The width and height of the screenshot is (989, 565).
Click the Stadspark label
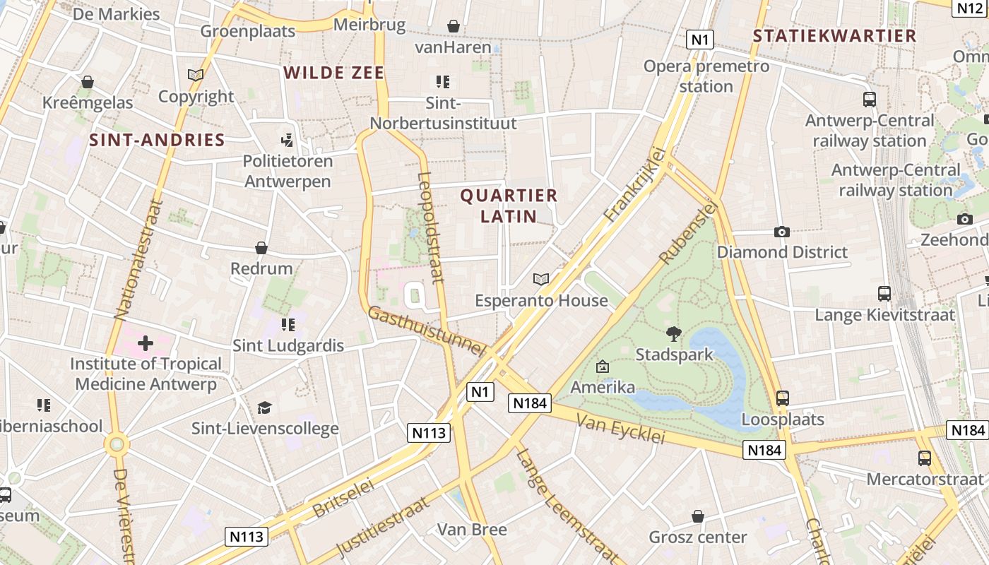click(675, 354)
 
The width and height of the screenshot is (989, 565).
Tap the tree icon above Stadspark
click(674, 333)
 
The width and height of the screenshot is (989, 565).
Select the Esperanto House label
click(541, 301)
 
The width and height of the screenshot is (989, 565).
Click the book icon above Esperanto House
click(541, 280)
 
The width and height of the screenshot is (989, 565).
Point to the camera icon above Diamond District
click(781, 232)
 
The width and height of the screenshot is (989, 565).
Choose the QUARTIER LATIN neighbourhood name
click(509, 206)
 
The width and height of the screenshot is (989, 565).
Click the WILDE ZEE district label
click(334, 73)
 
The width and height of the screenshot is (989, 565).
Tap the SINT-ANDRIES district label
click(157, 140)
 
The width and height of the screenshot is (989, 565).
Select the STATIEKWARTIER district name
click(834, 36)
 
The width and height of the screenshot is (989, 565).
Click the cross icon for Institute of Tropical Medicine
click(146, 344)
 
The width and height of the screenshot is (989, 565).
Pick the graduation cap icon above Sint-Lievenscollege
click(265, 408)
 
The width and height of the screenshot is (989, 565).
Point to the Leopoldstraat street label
click(431, 227)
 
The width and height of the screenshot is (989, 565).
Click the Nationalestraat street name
click(138, 259)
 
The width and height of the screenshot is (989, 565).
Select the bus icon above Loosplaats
click(782, 398)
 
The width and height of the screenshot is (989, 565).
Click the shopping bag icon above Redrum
click(261, 248)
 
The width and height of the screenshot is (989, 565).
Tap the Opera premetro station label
click(706, 76)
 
